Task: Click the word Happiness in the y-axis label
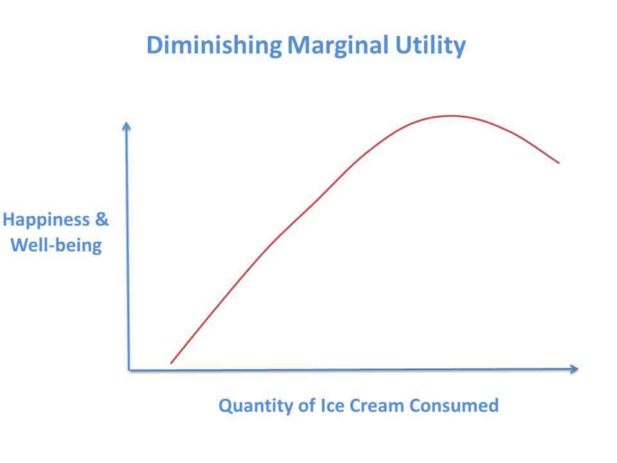(x=46, y=221)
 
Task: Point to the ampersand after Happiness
(x=102, y=219)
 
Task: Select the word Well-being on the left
(x=56, y=246)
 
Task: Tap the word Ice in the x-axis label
(x=332, y=405)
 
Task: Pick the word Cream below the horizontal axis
(x=377, y=405)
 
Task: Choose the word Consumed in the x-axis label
(x=454, y=405)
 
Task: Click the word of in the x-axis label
(x=307, y=405)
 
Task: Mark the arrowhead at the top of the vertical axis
(x=127, y=126)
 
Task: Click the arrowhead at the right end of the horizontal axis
(x=574, y=369)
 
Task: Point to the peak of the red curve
(x=451, y=116)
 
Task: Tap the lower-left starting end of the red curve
(x=171, y=363)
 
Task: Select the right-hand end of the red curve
(x=559, y=163)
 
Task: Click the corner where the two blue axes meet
(x=129, y=370)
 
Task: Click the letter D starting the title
(x=154, y=45)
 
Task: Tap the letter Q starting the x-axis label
(x=226, y=406)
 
